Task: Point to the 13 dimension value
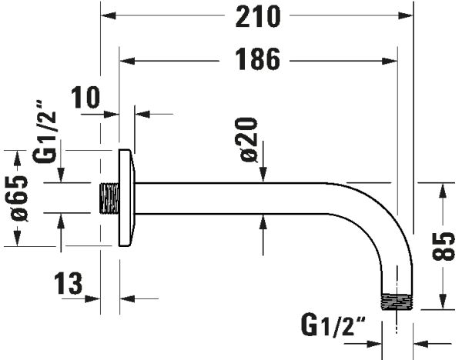click(69, 285)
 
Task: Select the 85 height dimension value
click(444, 247)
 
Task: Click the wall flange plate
click(127, 198)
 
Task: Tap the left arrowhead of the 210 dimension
click(108, 15)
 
